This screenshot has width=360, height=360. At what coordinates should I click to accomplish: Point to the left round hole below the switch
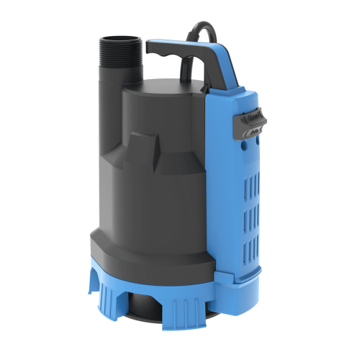(x=232, y=145)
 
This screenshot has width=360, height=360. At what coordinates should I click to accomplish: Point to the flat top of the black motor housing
(x=162, y=90)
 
